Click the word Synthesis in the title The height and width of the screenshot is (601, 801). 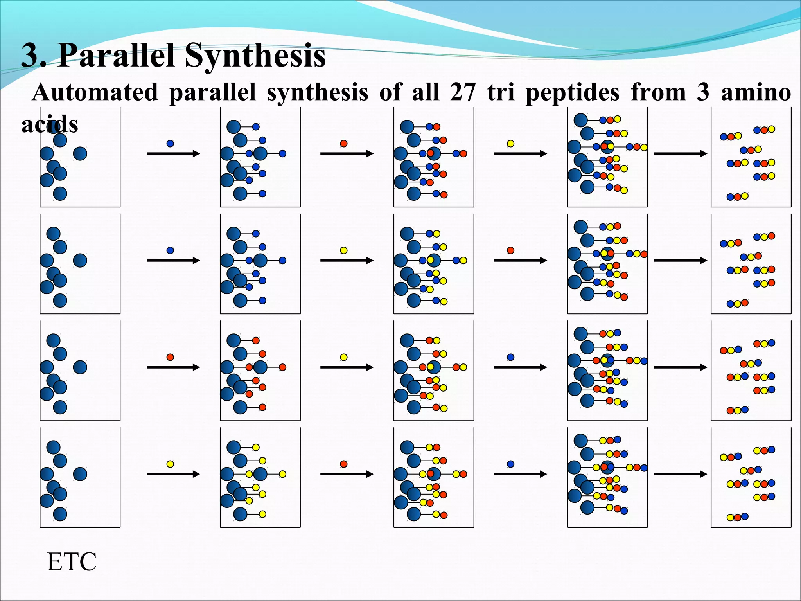[x=255, y=56]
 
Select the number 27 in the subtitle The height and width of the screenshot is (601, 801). [x=463, y=93]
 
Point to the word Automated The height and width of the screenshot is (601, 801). [x=95, y=93]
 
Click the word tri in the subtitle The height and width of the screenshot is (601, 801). [x=501, y=93]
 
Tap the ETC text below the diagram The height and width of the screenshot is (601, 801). [x=72, y=562]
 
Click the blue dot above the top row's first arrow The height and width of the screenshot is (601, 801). [x=170, y=144]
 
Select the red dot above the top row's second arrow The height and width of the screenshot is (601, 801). [x=344, y=144]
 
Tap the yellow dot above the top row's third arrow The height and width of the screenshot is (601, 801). [x=510, y=144]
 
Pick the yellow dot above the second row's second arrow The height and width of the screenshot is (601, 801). [x=344, y=250]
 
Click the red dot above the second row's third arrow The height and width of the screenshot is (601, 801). [x=510, y=250]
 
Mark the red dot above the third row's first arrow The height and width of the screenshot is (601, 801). [x=170, y=357]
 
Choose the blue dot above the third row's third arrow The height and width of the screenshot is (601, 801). [x=510, y=357]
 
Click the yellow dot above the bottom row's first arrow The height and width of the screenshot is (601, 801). [x=170, y=464]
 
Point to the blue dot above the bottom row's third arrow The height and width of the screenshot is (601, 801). [x=510, y=464]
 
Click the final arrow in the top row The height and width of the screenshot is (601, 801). [x=681, y=154]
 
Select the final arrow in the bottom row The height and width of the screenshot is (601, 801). [x=681, y=474]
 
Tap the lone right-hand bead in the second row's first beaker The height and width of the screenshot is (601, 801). [x=80, y=260]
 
